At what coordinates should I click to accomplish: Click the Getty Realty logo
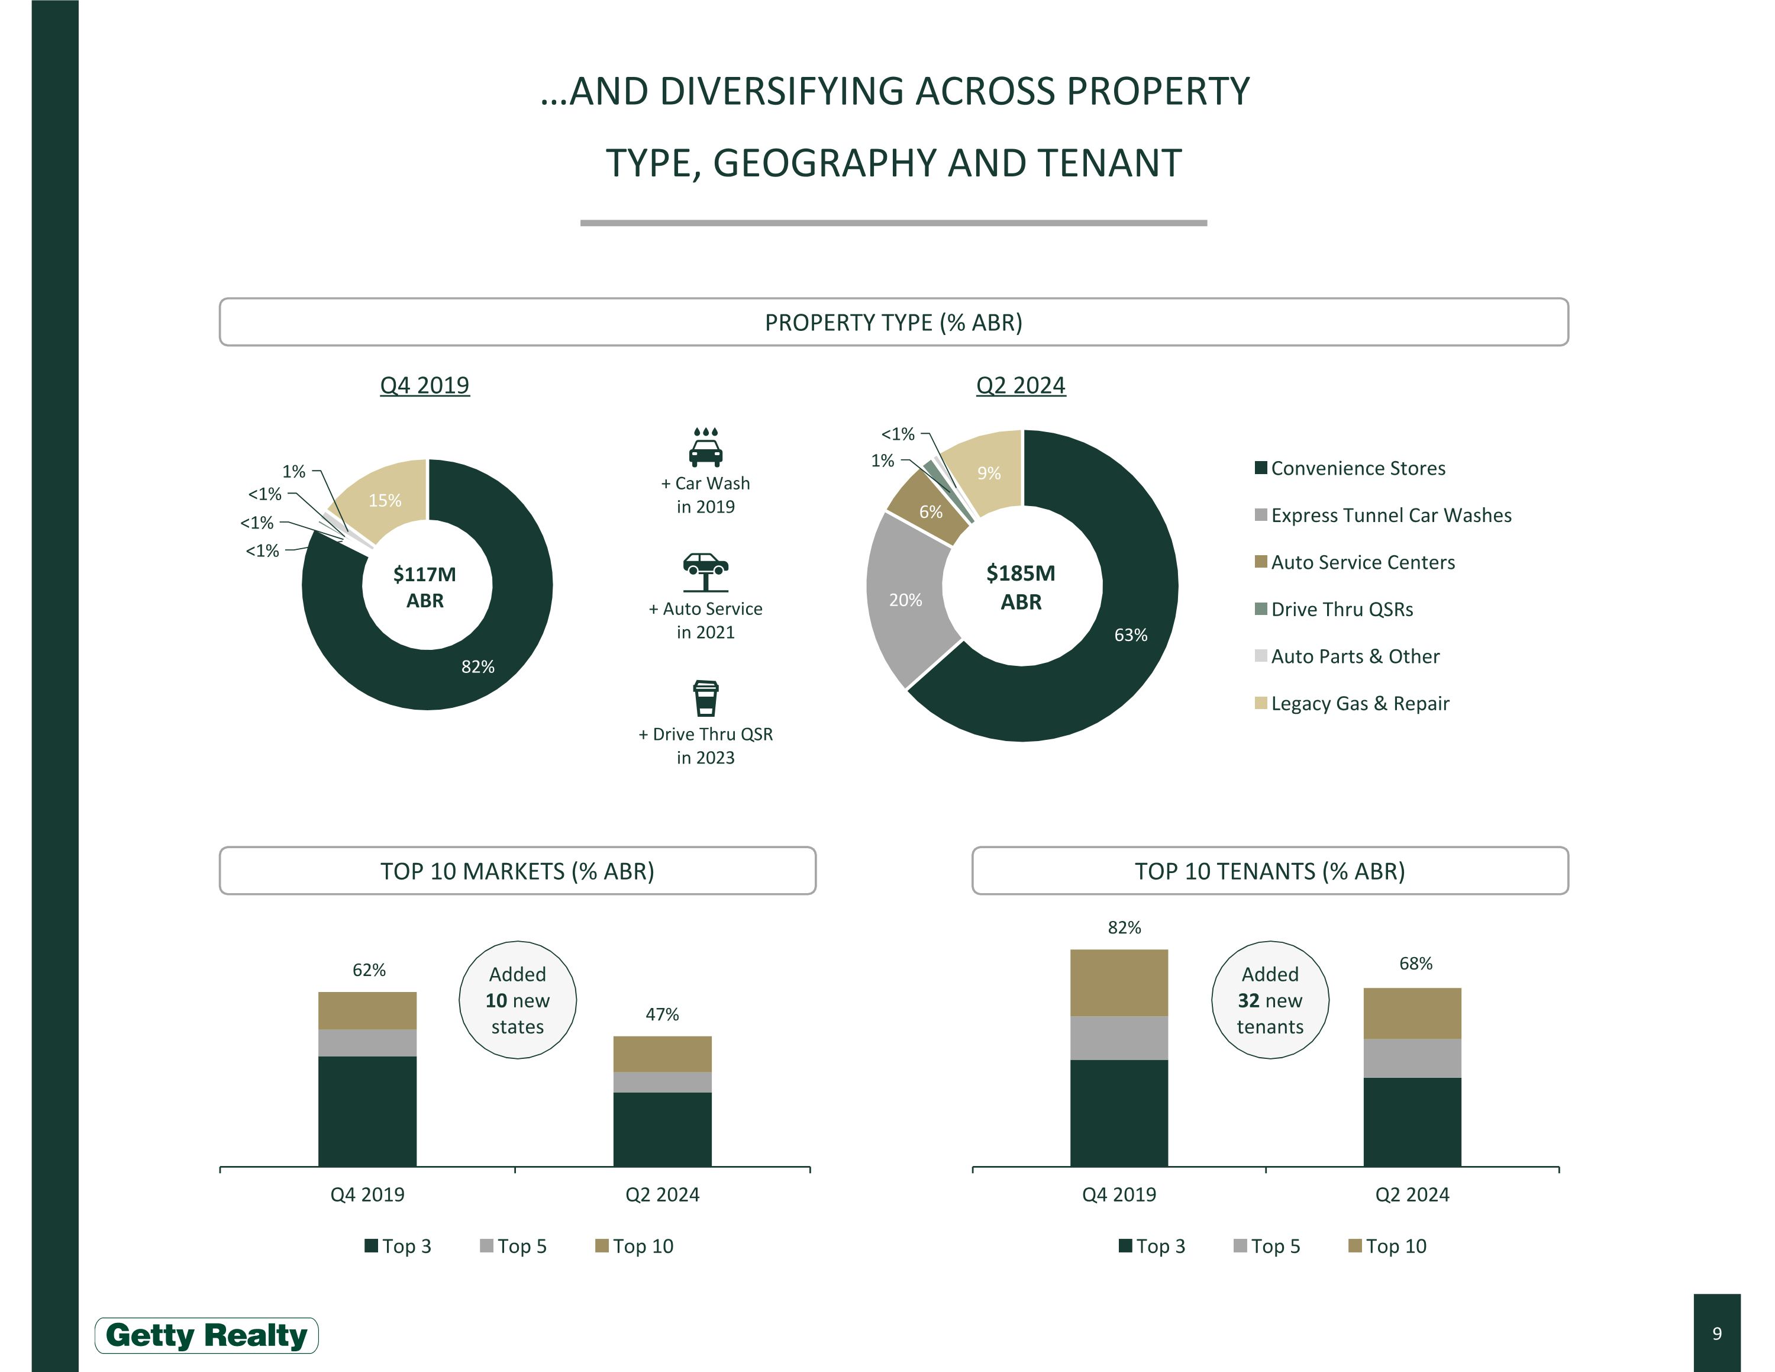click(x=206, y=1335)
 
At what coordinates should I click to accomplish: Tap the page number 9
click(x=1716, y=1333)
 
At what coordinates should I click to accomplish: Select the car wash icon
click(x=705, y=446)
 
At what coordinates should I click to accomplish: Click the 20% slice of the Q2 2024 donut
click(x=905, y=600)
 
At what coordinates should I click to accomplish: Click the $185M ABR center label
click(x=1021, y=587)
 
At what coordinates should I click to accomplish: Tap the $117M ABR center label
click(x=425, y=587)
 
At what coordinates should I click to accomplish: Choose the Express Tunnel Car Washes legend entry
click(x=1390, y=516)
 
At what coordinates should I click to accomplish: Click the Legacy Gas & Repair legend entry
click(x=1359, y=703)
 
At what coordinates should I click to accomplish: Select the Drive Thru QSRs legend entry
click(x=1341, y=610)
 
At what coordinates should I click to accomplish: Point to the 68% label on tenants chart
click(x=1415, y=963)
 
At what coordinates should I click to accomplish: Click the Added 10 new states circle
click(x=518, y=1000)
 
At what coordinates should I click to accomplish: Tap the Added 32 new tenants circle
click(x=1270, y=1000)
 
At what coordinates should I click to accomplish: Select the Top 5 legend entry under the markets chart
click(x=514, y=1246)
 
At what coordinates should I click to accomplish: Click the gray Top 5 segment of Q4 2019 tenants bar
click(x=1118, y=1038)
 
